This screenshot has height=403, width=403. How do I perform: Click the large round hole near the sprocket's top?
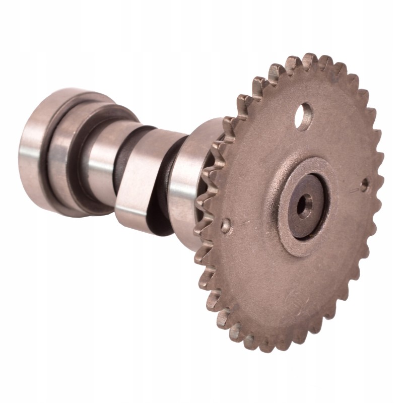click(x=304, y=110)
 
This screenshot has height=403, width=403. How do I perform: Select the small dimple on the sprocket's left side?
click(x=226, y=223)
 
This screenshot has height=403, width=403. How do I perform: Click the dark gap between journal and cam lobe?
click(x=121, y=166)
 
